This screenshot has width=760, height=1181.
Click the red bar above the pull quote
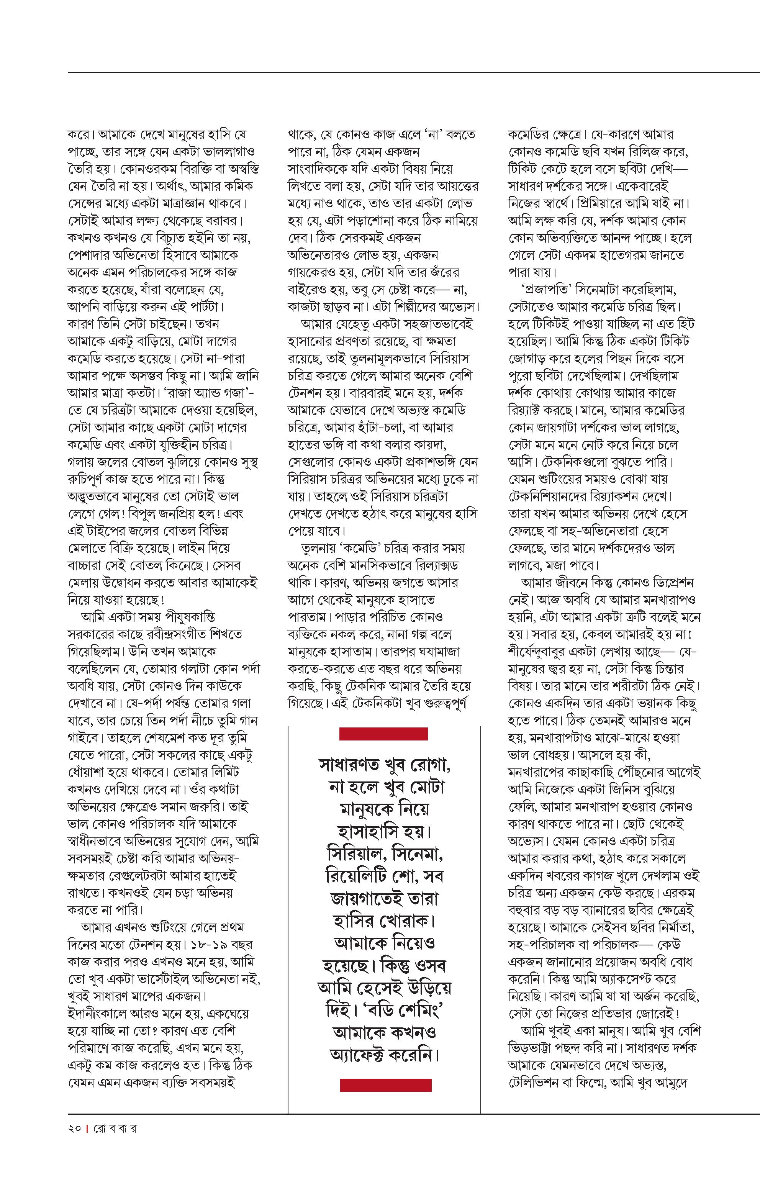click(383, 734)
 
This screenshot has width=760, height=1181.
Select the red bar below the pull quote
click(385, 1084)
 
